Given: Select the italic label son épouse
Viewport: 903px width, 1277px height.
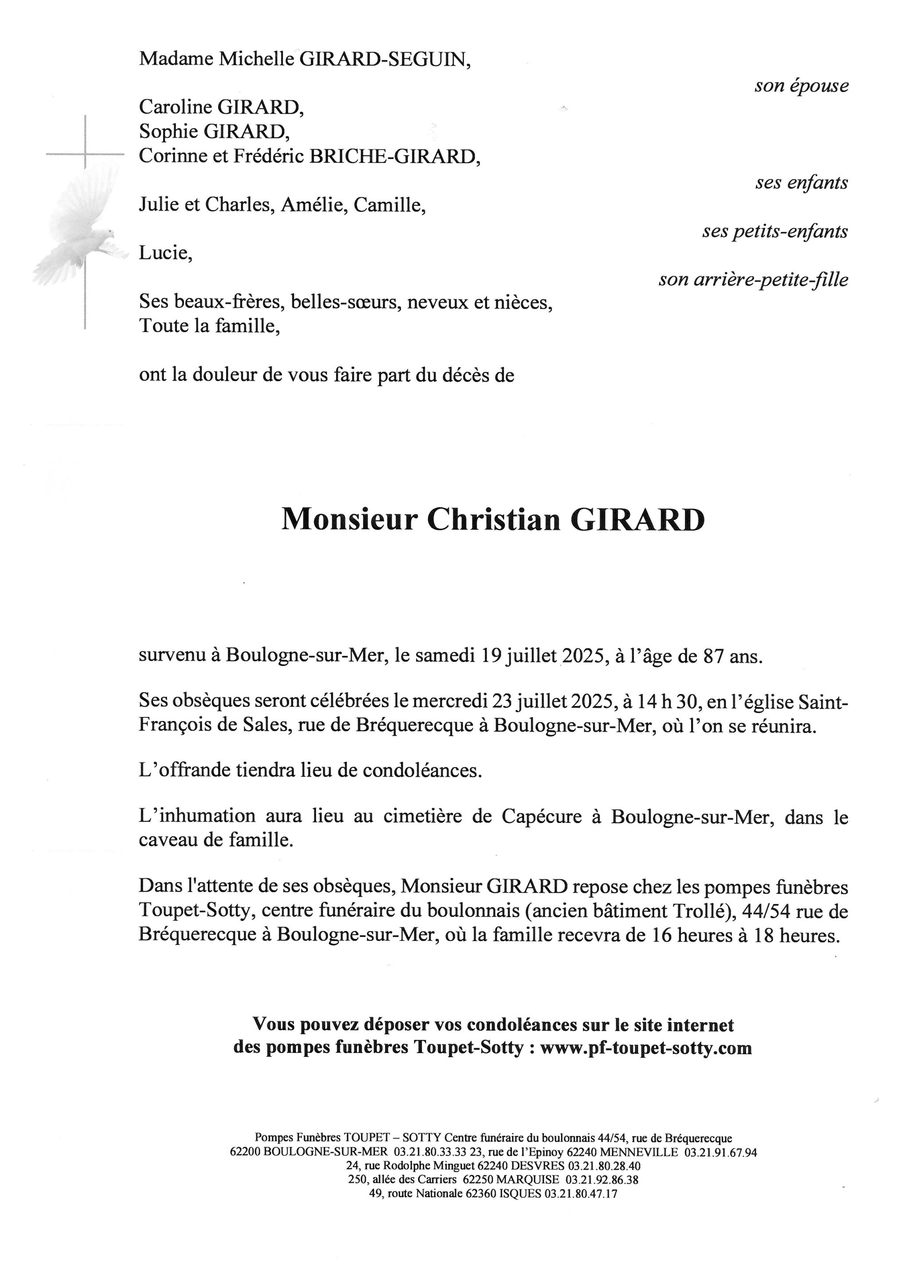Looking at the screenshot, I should coord(801,86).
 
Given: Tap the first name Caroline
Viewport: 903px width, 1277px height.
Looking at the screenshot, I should coord(176,106).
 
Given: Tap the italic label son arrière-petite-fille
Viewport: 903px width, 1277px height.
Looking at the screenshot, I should coord(754,279).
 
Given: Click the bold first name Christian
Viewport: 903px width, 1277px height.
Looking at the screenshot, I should coord(494,520).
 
